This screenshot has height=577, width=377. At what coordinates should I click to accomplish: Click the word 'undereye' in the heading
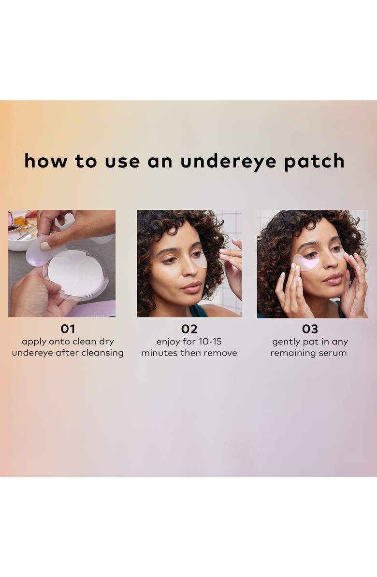click(229, 162)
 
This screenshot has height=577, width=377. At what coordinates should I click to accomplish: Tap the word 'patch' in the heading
click(314, 162)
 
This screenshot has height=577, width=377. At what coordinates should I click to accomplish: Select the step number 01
click(68, 329)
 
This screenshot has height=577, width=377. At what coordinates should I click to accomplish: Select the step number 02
click(189, 329)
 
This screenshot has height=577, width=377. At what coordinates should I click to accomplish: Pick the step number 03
click(310, 329)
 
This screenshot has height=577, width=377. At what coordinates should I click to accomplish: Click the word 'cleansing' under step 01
click(102, 353)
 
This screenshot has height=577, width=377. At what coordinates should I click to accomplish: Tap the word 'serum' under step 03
click(333, 353)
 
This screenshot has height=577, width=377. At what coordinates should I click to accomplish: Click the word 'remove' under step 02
click(221, 353)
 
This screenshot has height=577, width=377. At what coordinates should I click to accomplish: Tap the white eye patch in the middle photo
click(199, 260)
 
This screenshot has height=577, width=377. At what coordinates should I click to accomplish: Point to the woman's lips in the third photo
click(332, 278)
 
